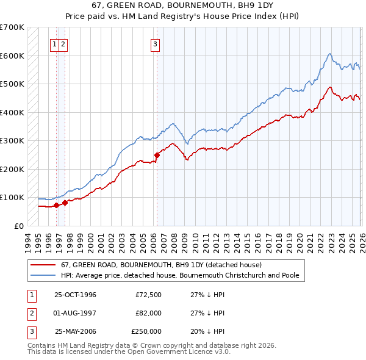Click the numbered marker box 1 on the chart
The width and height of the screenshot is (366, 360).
click(x=55, y=43)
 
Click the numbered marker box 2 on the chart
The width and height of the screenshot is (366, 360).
click(x=63, y=43)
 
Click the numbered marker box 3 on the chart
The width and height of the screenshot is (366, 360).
click(x=155, y=43)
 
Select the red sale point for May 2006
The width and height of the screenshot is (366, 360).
click(x=157, y=155)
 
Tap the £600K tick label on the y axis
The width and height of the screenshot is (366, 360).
click(x=12, y=56)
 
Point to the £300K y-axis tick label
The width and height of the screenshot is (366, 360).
click(x=12, y=140)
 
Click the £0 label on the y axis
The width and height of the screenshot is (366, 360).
click(x=20, y=226)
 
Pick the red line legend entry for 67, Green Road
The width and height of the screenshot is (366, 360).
click(x=161, y=265)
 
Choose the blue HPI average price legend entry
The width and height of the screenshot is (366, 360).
click(x=179, y=276)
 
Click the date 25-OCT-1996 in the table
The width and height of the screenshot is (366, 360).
click(x=75, y=294)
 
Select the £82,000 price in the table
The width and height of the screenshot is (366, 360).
click(x=149, y=313)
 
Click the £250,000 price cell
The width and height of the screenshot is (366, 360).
click(x=147, y=332)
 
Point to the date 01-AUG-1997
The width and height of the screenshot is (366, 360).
click(x=75, y=313)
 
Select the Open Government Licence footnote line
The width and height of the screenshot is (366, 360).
click(x=129, y=353)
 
